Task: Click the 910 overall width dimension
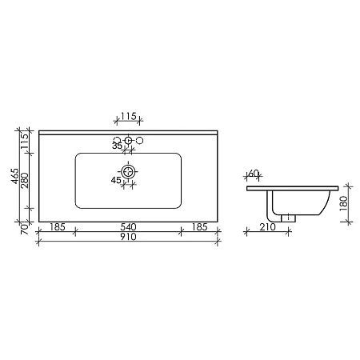click(128, 238)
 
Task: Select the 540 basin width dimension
click(128, 227)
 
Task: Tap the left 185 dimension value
click(56, 227)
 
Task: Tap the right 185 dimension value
click(200, 227)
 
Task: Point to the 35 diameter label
click(117, 146)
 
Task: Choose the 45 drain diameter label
click(117, 181)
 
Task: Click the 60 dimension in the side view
click(254, 174)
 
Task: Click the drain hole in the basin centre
click(128, 170)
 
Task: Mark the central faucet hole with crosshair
click(128, 142)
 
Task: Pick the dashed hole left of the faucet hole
click(117, 141)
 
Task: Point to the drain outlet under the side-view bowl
click(287, 216)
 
